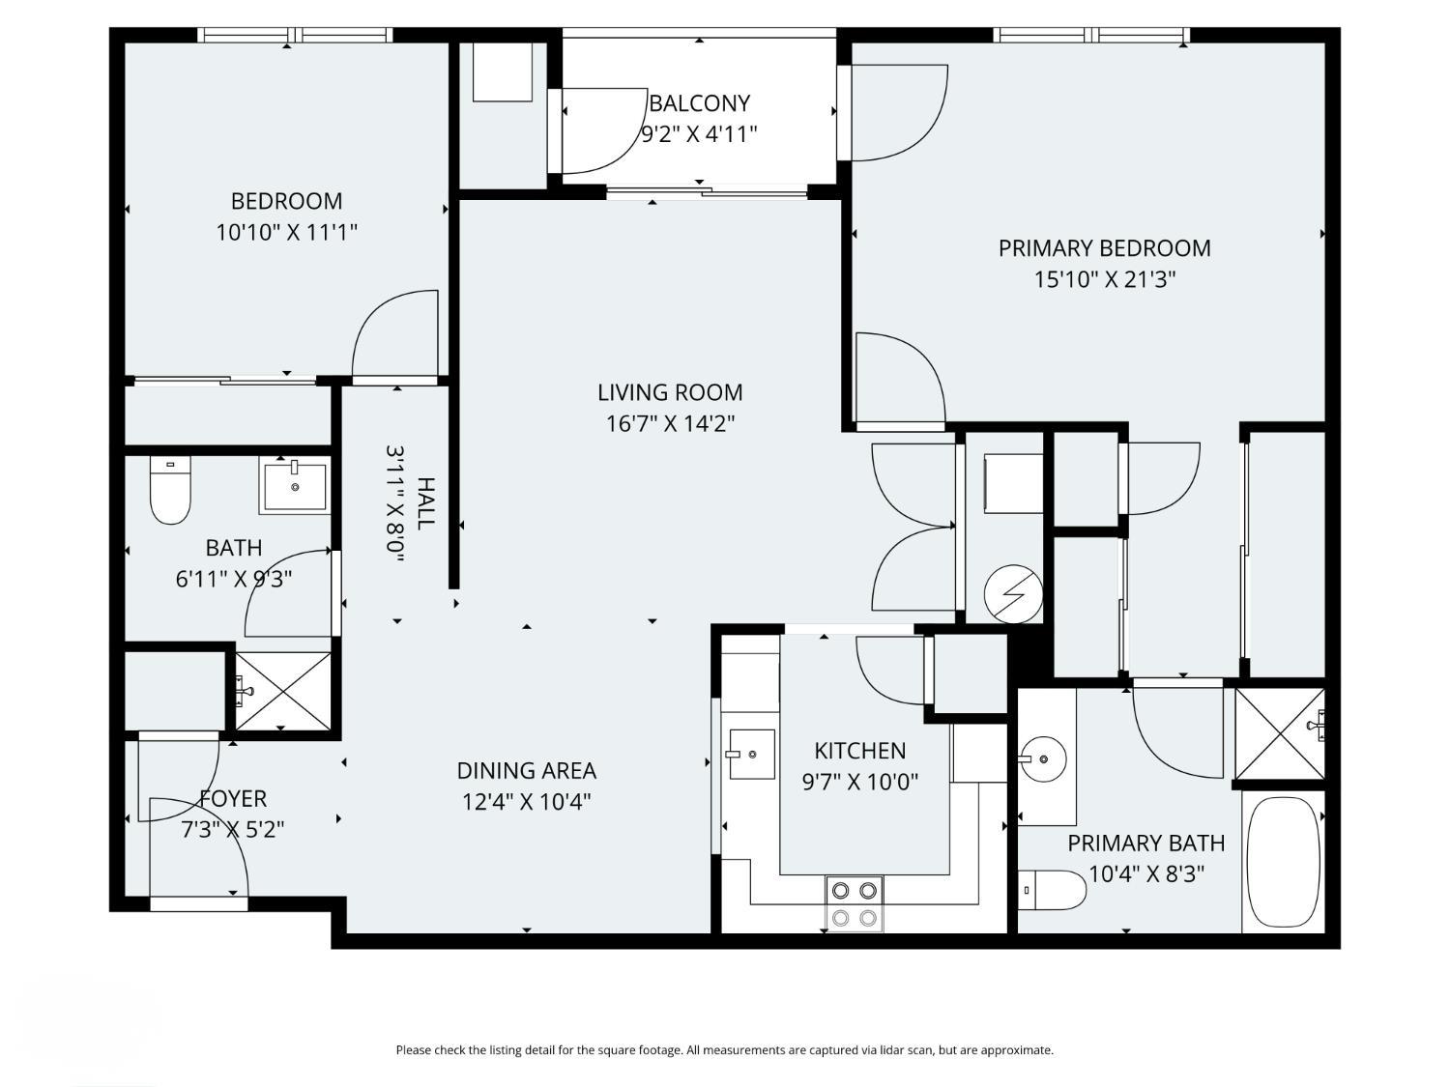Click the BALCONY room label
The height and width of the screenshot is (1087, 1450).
(x=699, y=103)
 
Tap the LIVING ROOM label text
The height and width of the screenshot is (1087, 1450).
(x=670, y=392)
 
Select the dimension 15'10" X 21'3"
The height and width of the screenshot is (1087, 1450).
(x=1105, y=280)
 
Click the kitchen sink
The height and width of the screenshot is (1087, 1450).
(x=751, y=754)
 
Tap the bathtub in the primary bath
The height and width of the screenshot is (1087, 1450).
(x=1283, y=862)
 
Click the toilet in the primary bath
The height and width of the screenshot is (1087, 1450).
(x=1052, y=890)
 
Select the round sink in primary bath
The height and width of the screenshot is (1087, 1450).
(x=1042, y=759)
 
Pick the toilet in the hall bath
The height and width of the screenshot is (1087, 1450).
(x=170, y=489)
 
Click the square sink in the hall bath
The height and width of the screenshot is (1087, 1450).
(x=295, y=486)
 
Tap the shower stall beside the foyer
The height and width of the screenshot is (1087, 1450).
(x=282, y=691)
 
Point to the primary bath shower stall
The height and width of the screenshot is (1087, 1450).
(x=1280, y=733)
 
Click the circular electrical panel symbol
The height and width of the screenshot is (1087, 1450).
(x=1013, y=594)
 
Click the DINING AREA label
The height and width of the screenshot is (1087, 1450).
(x=527, y=771)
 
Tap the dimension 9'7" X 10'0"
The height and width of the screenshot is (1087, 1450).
(x=860, y=782)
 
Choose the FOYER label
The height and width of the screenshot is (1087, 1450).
(x=233, y=799)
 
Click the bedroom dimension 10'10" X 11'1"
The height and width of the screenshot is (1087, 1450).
(x=287, y=232)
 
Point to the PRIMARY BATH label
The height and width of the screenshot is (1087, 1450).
(x=1146, y=843)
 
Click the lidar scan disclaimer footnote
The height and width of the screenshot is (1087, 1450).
(x=725, y=1050)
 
